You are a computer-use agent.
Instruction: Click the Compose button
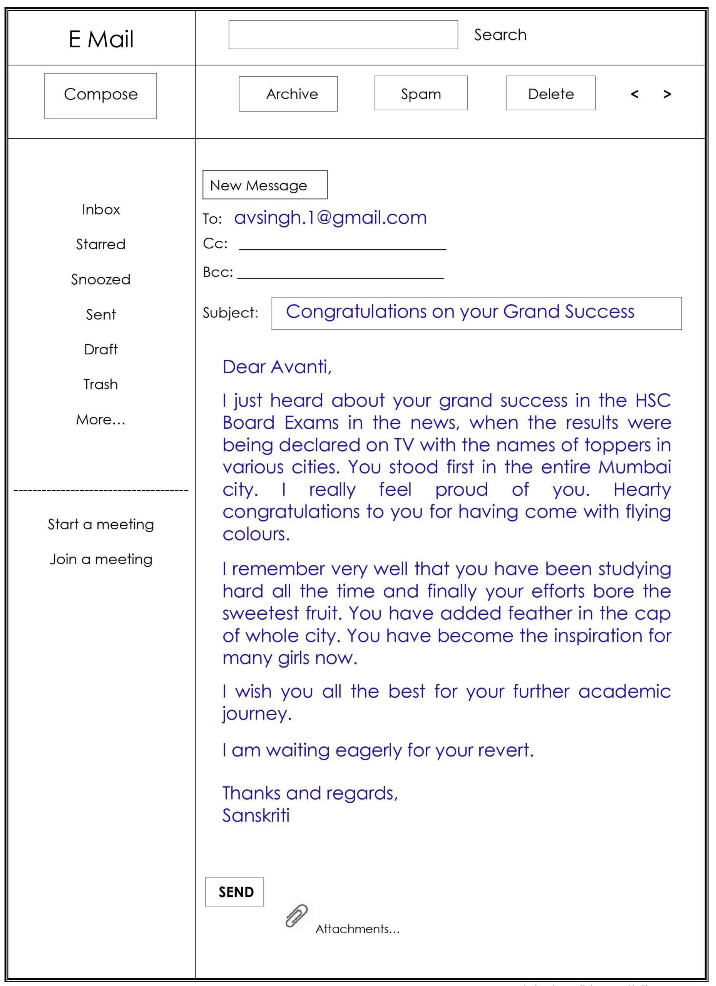pos(100,96)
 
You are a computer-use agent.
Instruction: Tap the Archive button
pos(288,94)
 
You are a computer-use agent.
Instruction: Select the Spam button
pos(421,93)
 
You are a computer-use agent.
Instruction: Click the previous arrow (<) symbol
pos(634,94)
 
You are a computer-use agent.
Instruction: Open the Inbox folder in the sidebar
pos(101,210)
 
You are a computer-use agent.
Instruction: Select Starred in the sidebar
pos(101,244)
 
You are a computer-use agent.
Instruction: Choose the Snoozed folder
pos(101,279)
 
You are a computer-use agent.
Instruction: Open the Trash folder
pos(101,384)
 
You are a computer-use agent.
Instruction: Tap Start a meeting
pos(101,524)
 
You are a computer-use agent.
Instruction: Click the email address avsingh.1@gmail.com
pos(330,217)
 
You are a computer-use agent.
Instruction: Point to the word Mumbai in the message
pos(634,467)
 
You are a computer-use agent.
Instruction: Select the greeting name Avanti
pos(301,367)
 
